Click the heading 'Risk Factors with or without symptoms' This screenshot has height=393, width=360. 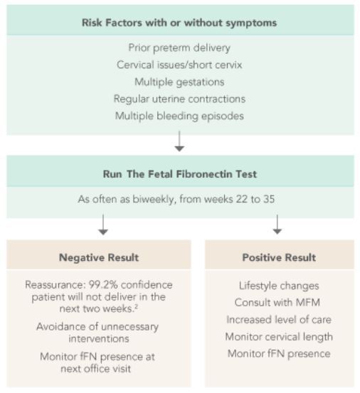coord(179,23)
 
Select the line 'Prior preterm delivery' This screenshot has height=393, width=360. coord(179,48)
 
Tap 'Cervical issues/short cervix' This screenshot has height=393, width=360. coord(179,65)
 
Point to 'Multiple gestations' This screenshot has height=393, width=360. coord(179,82)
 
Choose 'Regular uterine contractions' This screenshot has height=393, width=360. coord(179,99)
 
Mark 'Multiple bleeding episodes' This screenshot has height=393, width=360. coord(179,116)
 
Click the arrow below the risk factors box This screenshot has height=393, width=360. coord(179,141)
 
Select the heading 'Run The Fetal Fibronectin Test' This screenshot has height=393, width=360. coord(180,174)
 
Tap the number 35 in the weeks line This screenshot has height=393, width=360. coord(269,199)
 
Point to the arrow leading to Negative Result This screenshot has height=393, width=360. coord(103,225)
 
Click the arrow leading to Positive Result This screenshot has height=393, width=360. coord(277,225)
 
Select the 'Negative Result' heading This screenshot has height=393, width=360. coord(99,258)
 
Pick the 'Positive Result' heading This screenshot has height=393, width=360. coord(279,258)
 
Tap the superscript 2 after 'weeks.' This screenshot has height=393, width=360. coord(136,306)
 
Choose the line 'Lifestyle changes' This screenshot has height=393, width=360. coord(279,286)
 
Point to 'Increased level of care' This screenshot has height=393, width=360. coord(279,320)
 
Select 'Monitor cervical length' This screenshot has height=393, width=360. coord(279,337)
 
